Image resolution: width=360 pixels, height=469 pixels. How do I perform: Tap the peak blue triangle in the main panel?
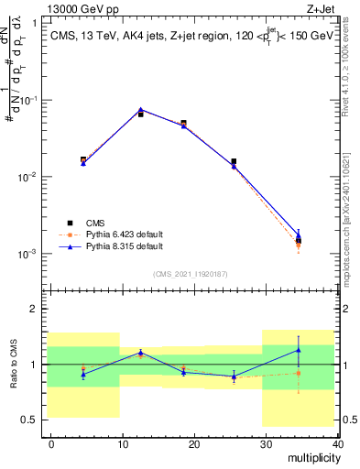pyautogui.click(x=140, y=109)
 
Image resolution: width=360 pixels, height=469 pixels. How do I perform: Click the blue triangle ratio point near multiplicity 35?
pyautogui.click(x=299, y=350)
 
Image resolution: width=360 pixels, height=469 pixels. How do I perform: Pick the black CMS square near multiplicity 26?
pyautogui.click(x=234, y=161)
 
